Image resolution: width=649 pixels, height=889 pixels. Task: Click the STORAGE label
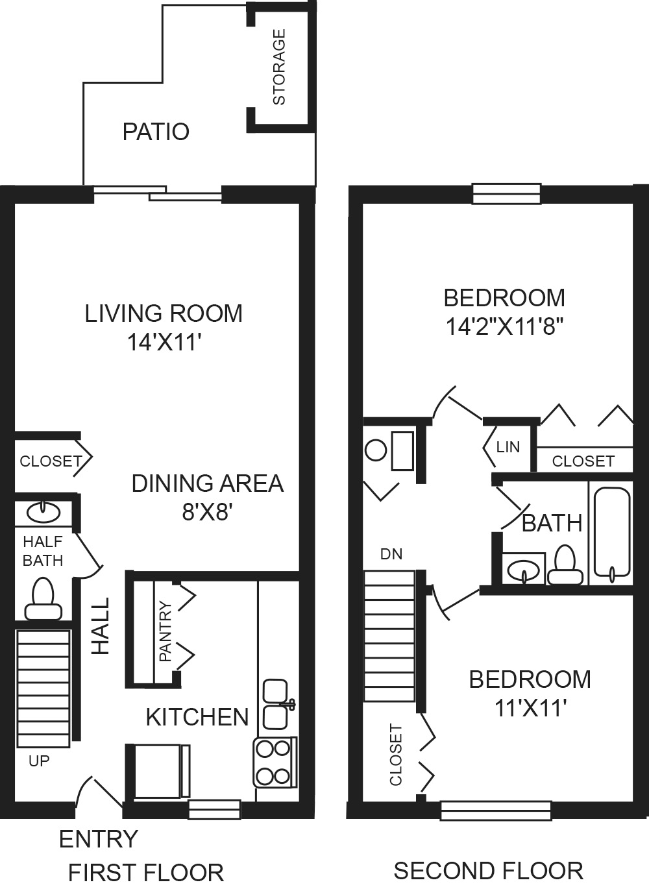(x=279, y=67)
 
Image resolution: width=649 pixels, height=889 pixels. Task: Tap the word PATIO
(x=156, y=132)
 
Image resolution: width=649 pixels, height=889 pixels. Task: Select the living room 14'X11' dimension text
(x=162, y=342)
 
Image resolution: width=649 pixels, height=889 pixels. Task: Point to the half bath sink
(x=43, y=513)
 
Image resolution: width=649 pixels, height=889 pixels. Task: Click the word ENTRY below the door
(x=99, y=839)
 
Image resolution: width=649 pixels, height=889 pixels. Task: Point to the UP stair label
(x=40, y=761)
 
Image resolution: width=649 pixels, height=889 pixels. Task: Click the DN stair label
(x=391, y=554)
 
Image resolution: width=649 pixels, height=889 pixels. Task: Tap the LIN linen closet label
(x=508, y=447)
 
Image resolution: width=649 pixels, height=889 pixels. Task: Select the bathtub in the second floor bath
(x=612, y=532)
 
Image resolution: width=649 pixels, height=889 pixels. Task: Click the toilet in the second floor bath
(x=565, y=565)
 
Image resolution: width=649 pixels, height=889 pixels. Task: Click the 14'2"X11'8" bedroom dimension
(x=505, y=327)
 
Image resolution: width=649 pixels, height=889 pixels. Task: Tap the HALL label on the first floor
(x=101, y=626)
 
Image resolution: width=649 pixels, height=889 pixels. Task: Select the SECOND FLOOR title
(x=488, y=870)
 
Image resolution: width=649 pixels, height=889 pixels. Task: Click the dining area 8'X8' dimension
(x=207, y=513)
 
